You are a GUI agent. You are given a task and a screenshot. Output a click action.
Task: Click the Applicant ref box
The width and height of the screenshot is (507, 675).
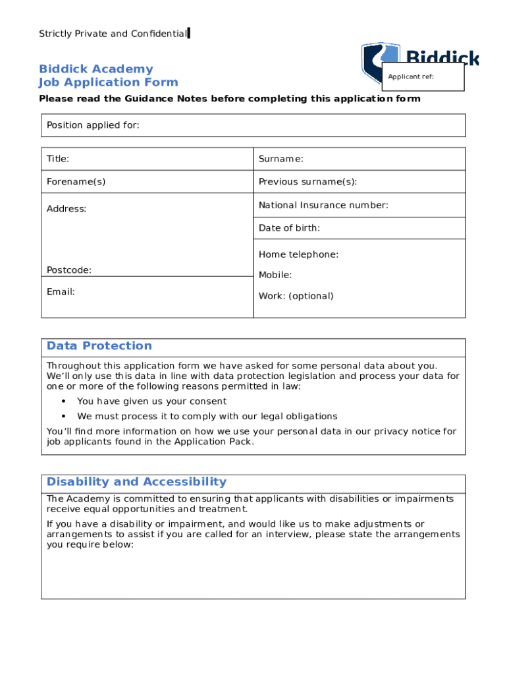pyautogui.click(x=423, y=78)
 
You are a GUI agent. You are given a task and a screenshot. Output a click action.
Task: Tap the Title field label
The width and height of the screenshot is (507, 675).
pyautogui.click(x=58, y=159)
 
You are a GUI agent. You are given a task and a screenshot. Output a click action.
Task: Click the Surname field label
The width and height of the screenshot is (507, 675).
pyautogui.click(x=280, y=159)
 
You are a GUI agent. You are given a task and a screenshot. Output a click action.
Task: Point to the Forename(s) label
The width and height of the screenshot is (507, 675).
pyautogui.click(x=76, y=181)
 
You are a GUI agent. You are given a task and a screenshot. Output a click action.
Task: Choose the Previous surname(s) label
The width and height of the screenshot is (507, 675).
pyautogui.click(x=307, y=181)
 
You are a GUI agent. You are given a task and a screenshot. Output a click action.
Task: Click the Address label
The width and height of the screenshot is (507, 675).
pyautogui.click(x=67, y=209)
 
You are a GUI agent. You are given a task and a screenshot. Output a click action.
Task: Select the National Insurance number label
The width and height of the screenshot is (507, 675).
pyautogui.click(x=323, y=205)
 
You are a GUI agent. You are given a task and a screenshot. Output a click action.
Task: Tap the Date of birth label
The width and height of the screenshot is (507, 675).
pyautogui.click(x=289, y=228)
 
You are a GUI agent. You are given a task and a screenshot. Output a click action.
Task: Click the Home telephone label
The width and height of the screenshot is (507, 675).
pyautogui.click(x=298, y=254)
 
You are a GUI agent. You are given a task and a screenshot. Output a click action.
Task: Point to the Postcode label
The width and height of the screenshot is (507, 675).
pyautogui.click(x=69, y=270)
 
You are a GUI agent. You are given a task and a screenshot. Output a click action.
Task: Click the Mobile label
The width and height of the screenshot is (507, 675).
pyautogui.click(x=275, y=275)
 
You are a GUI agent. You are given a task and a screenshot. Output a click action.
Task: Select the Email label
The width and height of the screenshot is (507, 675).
pyautogui.click(x=61, y=291)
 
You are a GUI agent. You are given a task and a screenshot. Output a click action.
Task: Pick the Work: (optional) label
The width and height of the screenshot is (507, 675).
pyautogui.click(x=296, y=296)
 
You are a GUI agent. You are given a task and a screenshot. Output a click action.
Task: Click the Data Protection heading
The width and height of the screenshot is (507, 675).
pyautogui.click(x=99, y=345)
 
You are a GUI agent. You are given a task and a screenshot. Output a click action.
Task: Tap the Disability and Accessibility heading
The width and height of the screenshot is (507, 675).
pyautogui.click(x=136, y=482)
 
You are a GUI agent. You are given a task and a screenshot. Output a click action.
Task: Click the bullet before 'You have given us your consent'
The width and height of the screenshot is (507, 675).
pyautogui.click(x=63, y=401)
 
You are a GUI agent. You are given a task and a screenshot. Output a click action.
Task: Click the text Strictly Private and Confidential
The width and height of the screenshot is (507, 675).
pyautogui.click(x=113, y=34)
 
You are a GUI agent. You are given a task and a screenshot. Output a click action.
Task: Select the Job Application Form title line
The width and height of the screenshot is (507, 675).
pyautogui.click(x=109, y=82)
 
